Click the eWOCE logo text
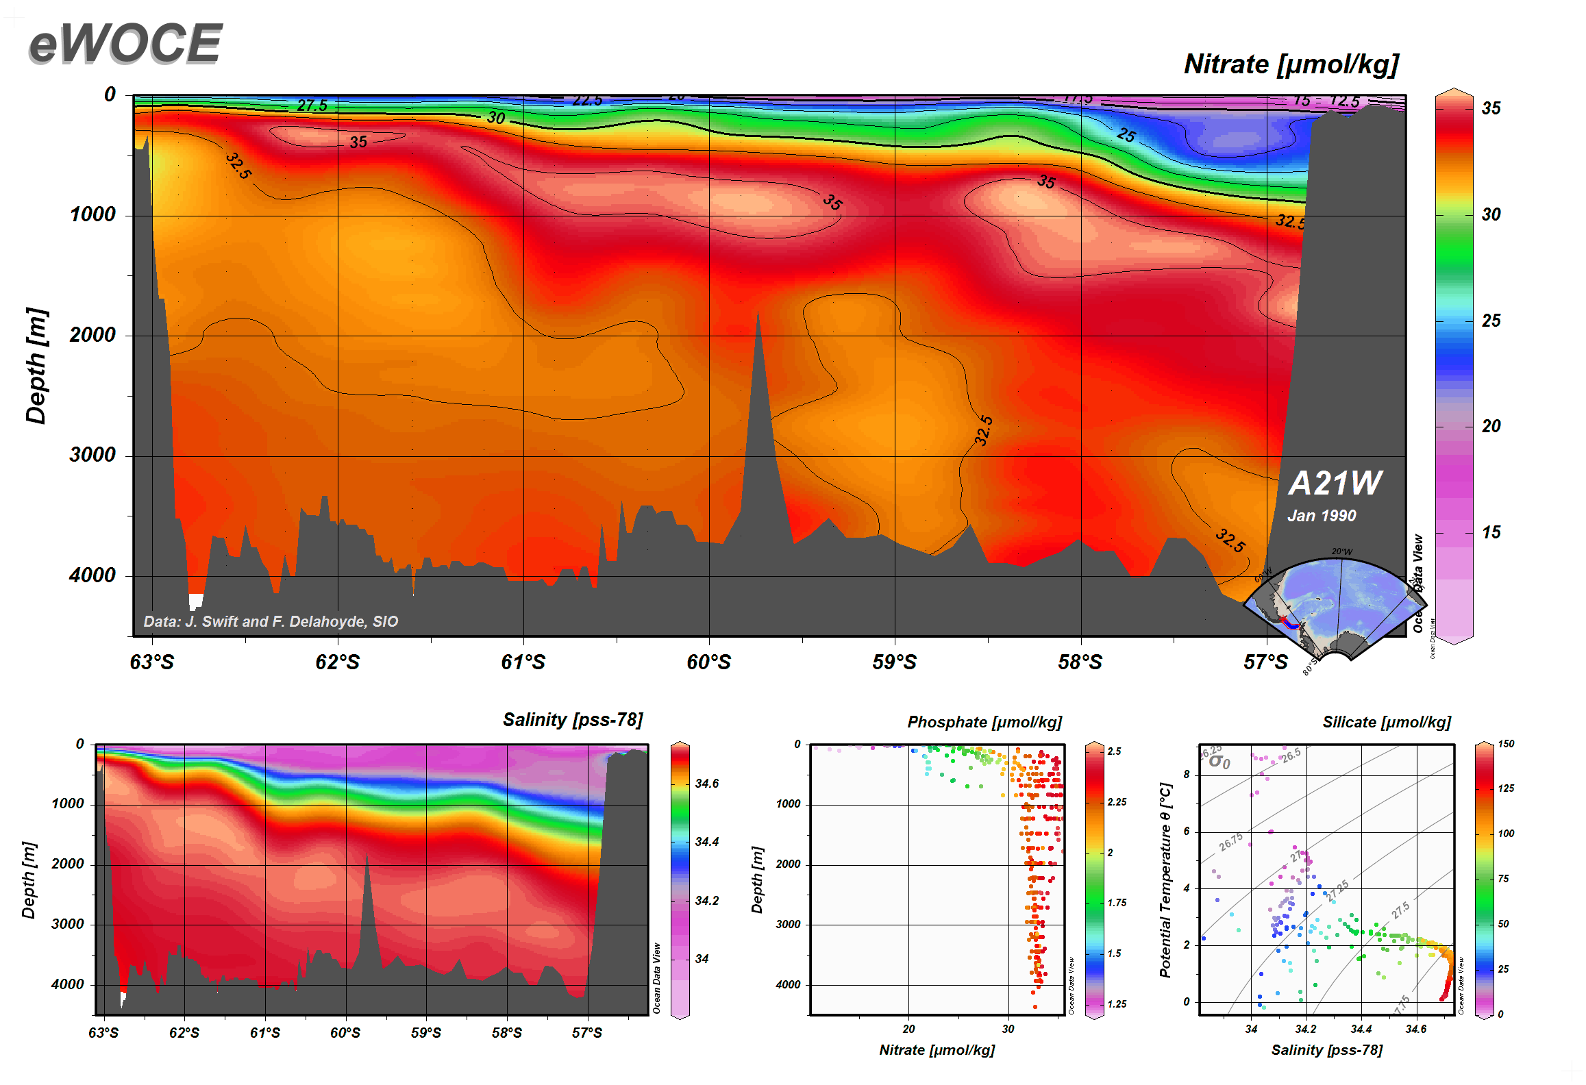pyautogui.click(x=125, y=44)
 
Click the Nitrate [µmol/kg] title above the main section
pyautogui.click(x=1291, y=64)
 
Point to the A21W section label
pyautogui.click(x=1335, y=483)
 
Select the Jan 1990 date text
pyautogui.click(x=1321, y=516)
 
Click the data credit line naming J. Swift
pyautogui.click(x=271, y=621)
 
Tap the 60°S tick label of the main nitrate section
pyautogui.click(x=708, y=662)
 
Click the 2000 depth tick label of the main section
pyautogui.click(x=92, y=335)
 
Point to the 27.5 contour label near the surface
pyautogui.click(x=312, y=105)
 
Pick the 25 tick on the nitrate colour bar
pyautogui.click(x=1491, y=321)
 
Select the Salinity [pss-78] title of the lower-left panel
pyautogui.click(x=573, y=720)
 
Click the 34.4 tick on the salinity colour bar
pyautogui.click(x=706, y=842)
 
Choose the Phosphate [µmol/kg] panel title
pyautogui.click(x=984, y=722)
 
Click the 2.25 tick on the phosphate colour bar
pyautogui.click(x=1117, y=802)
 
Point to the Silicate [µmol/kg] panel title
pyautogui.click(x=1386, y=722)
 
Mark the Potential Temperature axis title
pyautogui.click(x=1165, y=880)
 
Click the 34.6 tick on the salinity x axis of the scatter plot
pyautogui.click(x=1415, y=1029)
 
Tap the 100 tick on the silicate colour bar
pyautogui.click(x=1506, y=834)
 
